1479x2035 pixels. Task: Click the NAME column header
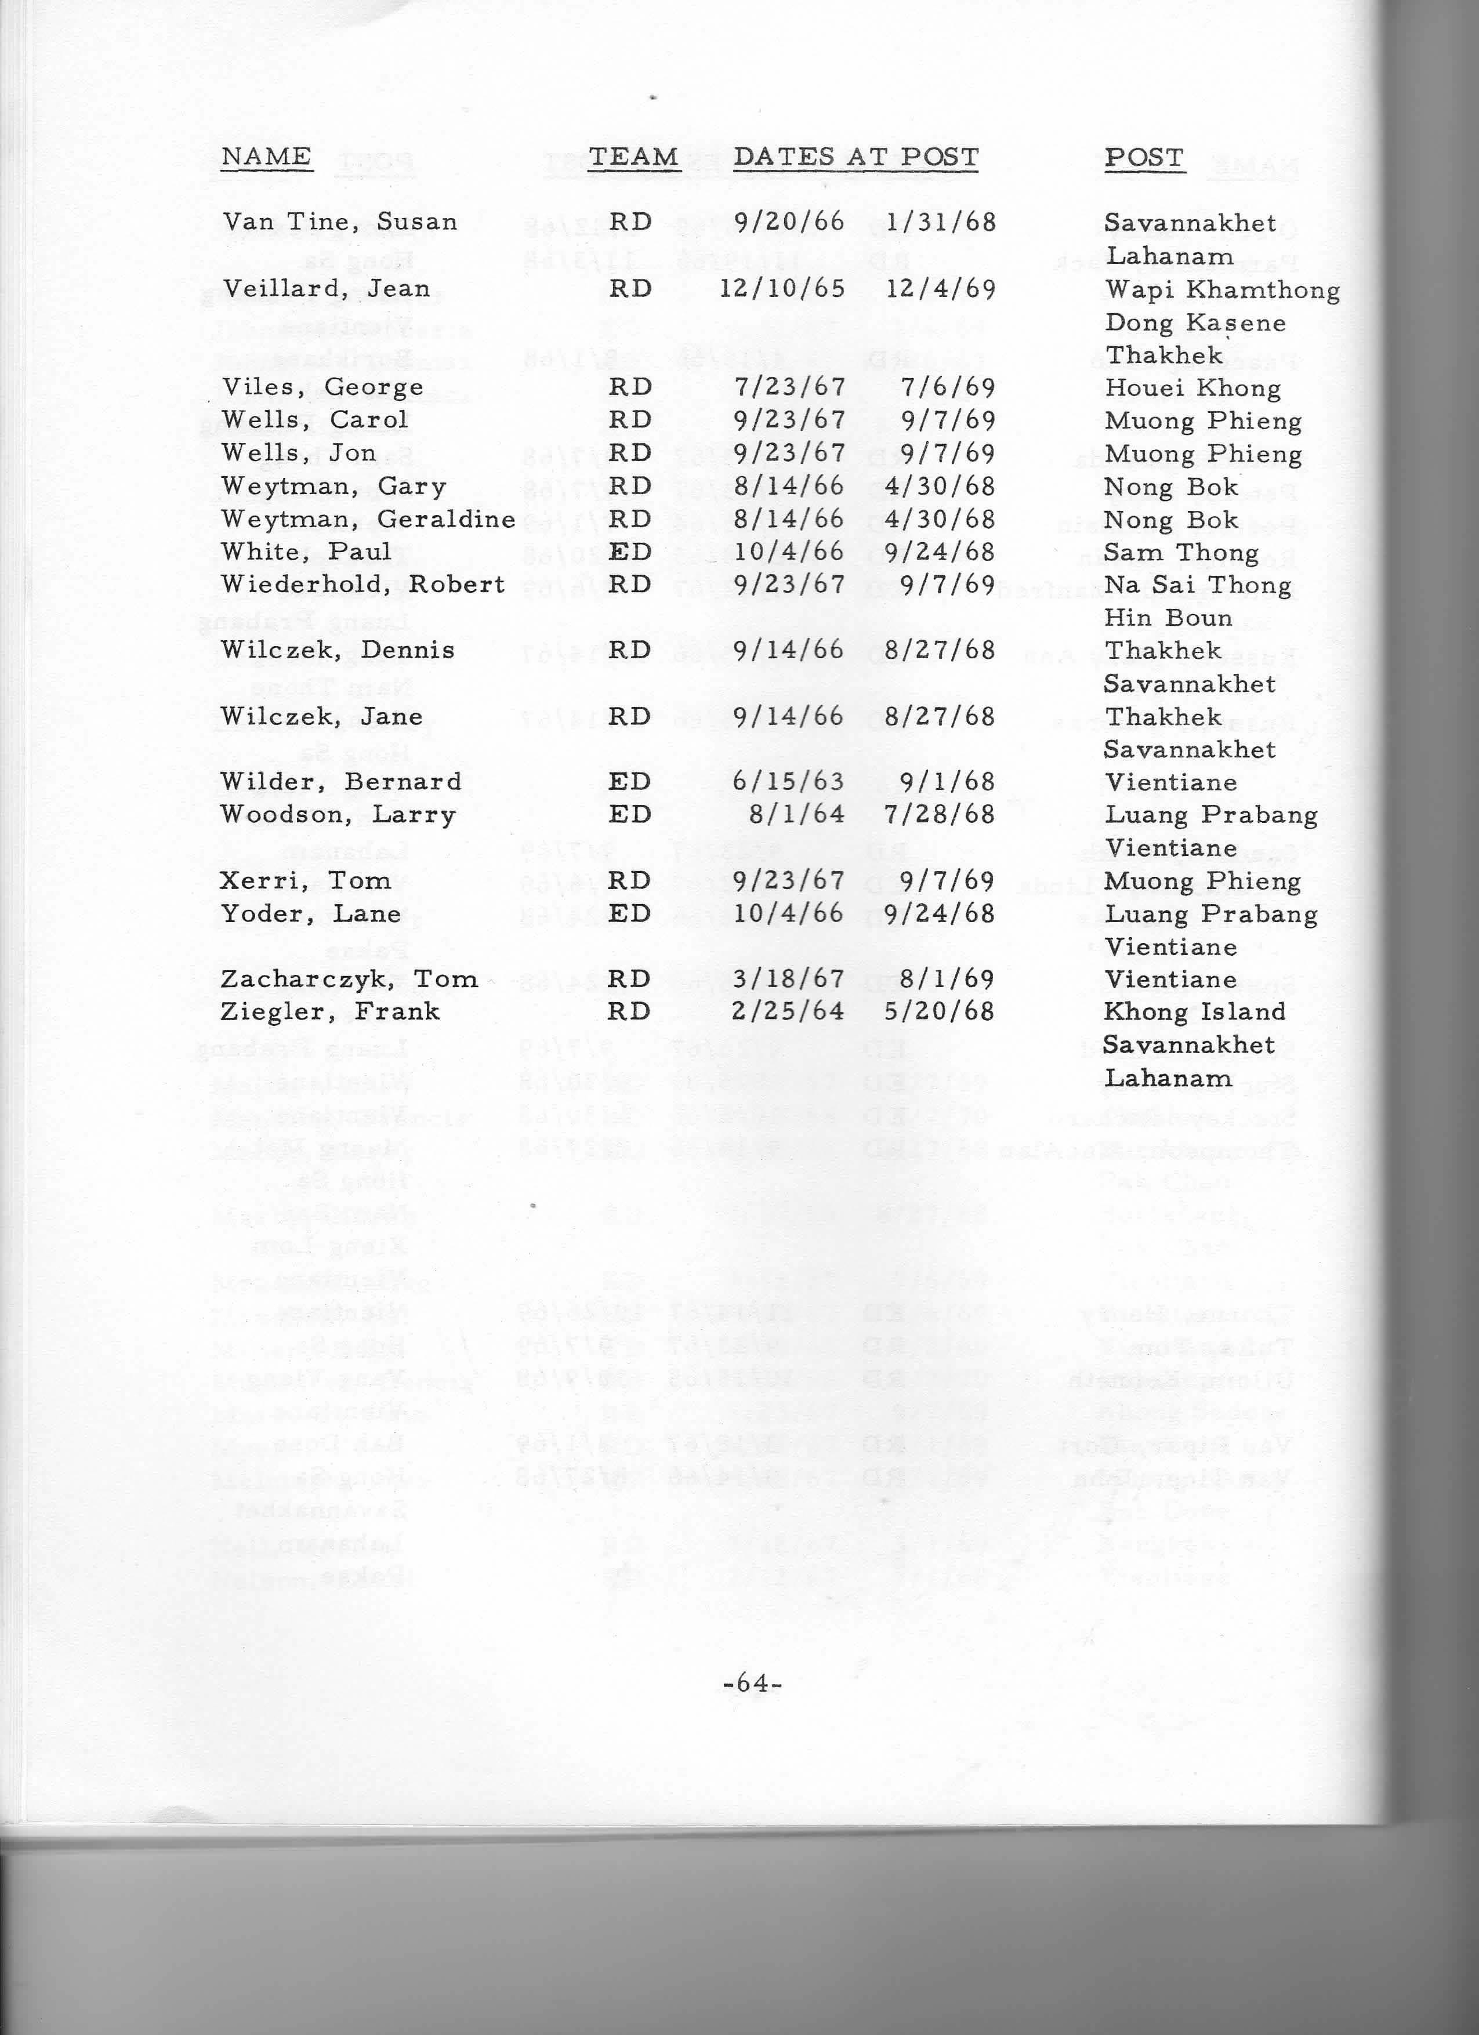coord(267,157)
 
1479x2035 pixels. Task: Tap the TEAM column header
coord(633,157)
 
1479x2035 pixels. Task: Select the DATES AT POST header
coord(855,157)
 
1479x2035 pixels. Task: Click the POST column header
coord(1144,157)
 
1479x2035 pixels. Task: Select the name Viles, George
coord(323,387)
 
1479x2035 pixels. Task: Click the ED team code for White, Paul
coord(629,552)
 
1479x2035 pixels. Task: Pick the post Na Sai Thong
coord(1197,585)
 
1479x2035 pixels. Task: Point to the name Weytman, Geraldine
coord(368,520)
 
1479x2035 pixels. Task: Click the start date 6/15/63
coord(789,782)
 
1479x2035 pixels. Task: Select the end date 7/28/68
coord(940,815)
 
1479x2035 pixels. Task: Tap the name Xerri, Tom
coord(305,880)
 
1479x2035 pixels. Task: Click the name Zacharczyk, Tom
coord(349,979)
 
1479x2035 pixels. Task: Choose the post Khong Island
coord(1194,1012)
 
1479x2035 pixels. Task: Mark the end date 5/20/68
coord(940,1012)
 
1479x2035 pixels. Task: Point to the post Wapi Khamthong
coord(1221,290)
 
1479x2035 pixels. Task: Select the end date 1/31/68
coord(940,223)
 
